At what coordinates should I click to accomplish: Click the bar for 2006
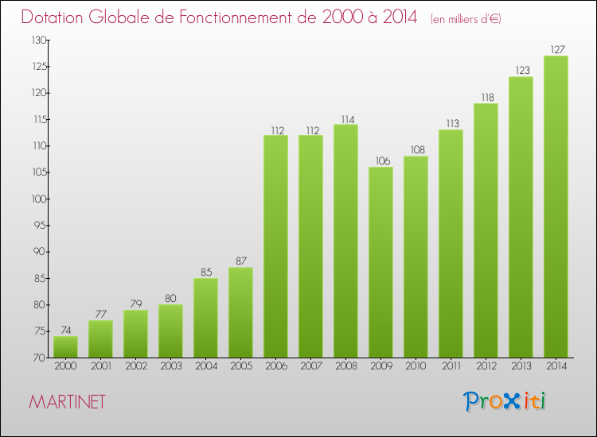275,246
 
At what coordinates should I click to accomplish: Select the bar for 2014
556,207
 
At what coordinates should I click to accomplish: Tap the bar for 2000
65,346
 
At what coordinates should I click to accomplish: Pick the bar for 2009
380,262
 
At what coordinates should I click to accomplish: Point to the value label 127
556,49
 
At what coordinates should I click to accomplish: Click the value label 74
65,331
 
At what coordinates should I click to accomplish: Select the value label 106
380,160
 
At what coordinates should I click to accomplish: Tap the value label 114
345,118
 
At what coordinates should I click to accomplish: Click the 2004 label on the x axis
205,366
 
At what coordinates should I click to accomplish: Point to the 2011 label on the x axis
451,366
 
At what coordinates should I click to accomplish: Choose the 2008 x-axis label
345,366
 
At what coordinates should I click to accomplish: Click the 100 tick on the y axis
38,199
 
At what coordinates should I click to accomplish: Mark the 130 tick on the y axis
38,40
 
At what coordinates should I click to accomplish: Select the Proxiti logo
505,401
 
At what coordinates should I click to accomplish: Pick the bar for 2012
486,230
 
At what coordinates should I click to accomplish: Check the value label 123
521,71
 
